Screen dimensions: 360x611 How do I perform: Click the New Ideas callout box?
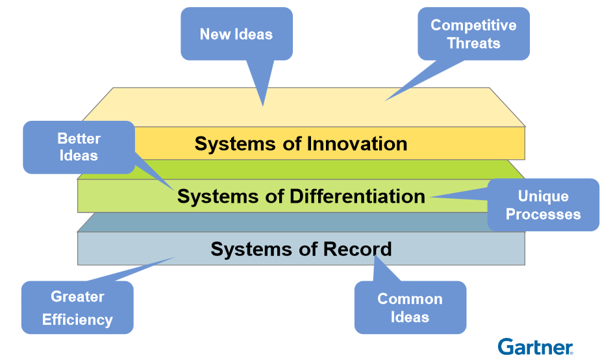coord(236,34)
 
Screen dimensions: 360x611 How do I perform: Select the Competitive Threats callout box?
coord(473,34)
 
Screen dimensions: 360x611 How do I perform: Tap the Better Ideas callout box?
coord(79,147)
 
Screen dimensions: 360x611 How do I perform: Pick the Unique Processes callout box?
coord(543,205)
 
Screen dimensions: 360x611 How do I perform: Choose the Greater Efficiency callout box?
coord(77,307)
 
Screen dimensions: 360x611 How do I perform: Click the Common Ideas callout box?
coord(410,307)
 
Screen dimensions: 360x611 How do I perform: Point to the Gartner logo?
coord(535,346)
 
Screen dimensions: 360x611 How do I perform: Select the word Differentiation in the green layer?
coord(356,196)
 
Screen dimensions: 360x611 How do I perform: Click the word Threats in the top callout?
coord(474,44)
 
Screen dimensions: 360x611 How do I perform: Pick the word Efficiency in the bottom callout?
coord(77,320)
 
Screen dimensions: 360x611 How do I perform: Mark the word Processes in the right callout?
coord(543,214)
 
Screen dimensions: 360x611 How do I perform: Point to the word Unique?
coord(543,196)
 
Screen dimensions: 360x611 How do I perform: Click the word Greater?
coord(77,297)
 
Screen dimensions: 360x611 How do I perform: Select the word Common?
coord(410,299)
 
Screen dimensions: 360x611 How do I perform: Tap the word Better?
coord(79,138)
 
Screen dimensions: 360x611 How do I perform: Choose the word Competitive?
coord(473,25)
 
